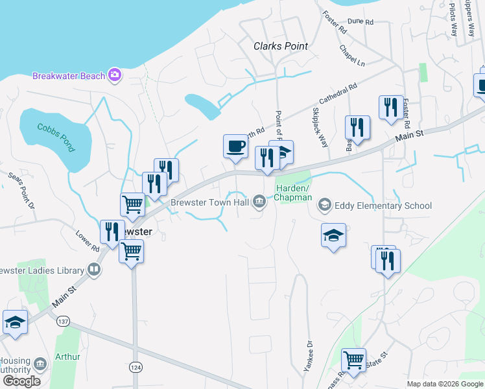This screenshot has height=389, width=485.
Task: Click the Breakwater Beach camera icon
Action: pyautogui.click(x=115, y=76)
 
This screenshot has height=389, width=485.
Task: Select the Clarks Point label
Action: pyautogui.click(x=280, y=46)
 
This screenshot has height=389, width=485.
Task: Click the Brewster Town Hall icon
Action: pyautogui.click(x=259, y=202)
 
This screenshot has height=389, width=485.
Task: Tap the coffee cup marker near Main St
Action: pyautogui.click(x=235, y=146)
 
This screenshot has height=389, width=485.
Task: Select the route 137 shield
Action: pyautogui.click(x=63, y=322)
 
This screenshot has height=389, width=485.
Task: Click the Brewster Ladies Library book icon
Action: pyautogui.click(x=94, y=270)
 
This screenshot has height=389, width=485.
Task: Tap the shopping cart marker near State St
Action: pyautogui.click(x=353, y=360)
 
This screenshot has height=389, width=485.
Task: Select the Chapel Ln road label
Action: pyautogui.click(x=352, y=55)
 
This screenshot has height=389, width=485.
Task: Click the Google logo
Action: pyautogui.click(x=21, y=381)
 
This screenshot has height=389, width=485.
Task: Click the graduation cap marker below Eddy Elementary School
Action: pyautogui.click(x=334, y=235)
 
